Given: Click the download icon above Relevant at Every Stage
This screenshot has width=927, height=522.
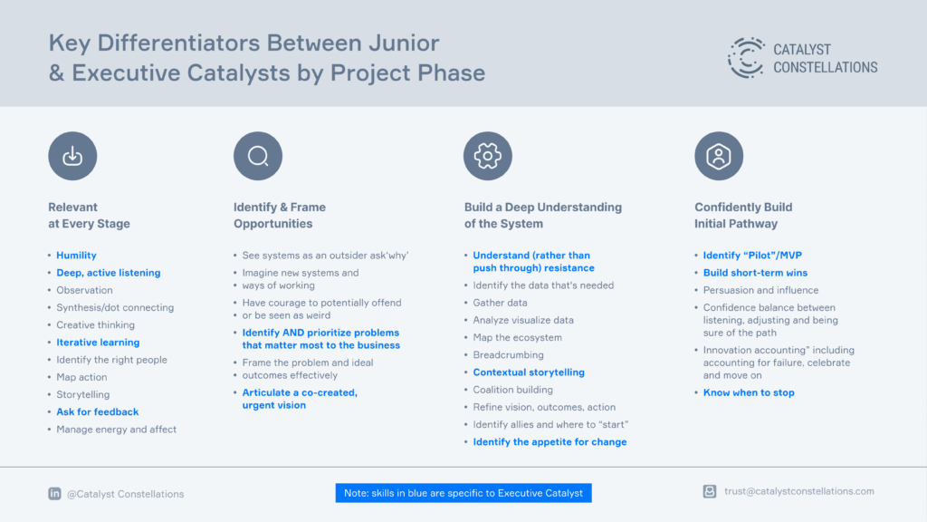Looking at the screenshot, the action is [72, 156].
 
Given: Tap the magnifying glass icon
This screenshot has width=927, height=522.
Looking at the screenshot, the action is [258, 156].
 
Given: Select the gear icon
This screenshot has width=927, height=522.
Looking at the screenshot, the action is [488, 156].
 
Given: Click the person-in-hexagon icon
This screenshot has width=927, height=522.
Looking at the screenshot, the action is [719, 156].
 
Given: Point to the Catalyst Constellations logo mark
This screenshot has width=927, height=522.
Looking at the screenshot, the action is [746, 58].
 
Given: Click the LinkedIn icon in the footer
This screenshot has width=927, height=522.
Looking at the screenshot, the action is [54, 494].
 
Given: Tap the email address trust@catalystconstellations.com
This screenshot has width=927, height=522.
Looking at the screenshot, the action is [798, 491].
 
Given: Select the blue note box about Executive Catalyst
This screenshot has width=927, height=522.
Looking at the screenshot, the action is [463, 493].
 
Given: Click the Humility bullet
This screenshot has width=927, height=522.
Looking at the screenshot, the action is [76, 255].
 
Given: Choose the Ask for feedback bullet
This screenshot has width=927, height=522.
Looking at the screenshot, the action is [98, 412].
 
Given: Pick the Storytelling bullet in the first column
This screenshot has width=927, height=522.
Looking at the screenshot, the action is [82, 394].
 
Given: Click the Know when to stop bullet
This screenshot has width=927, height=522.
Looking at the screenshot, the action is [749, 392].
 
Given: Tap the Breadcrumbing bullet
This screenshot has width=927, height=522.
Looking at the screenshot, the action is [509, 354].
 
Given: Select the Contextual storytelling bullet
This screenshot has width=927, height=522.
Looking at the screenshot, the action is [529, 372].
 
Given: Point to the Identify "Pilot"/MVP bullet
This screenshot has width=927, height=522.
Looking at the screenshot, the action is [752, 255].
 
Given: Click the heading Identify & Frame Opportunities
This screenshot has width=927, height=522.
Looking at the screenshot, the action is [280, 216].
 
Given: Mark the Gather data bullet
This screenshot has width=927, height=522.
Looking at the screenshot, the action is [500, 303].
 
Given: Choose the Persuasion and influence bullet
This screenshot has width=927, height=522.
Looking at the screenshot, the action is [760, 290].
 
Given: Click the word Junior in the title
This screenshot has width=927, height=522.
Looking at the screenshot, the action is [404, 43].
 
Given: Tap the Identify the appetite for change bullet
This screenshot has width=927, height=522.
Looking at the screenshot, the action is [550, 442].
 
